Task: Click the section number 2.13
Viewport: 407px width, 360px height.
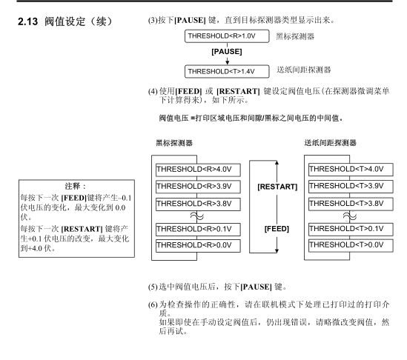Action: click(27, 21)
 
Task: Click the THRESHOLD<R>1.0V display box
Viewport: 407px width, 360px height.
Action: click(227, 36)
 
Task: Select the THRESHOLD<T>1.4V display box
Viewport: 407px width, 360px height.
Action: click(227, 71)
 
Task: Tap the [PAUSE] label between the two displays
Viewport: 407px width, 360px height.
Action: click(227, 52)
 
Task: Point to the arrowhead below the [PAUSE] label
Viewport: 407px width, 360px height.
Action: click(228, 62)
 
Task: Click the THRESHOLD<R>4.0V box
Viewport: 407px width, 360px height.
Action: click(198, 170)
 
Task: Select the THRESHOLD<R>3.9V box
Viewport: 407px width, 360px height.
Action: click(198, 187)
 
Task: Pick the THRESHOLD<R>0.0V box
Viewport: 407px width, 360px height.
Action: click(198, 246)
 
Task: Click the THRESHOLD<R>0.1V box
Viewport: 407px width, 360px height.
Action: click(198, 230)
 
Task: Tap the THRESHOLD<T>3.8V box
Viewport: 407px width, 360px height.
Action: click(351, 204)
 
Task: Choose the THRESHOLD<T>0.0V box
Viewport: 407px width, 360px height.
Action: click(351, 245)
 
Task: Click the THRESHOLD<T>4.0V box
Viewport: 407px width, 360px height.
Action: click(351, 170)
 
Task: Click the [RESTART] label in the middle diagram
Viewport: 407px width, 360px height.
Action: click(277, 187)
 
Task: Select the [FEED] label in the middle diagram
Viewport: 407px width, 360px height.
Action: click(277, 229)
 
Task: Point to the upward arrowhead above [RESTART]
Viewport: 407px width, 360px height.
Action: click(277, 163)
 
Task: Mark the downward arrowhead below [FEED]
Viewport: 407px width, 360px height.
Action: click(277, 250)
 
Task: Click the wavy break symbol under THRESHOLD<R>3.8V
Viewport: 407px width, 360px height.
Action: click(197, 216)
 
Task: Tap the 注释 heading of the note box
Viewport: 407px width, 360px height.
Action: click(76, 186)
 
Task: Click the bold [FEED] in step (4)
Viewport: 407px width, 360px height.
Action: click(188, 91)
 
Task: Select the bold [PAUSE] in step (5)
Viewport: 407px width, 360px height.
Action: click(257, 287)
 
